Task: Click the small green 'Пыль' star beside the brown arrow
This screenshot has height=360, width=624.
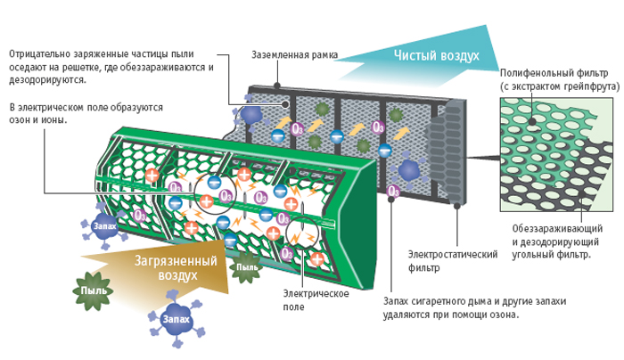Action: click(244, 265)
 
